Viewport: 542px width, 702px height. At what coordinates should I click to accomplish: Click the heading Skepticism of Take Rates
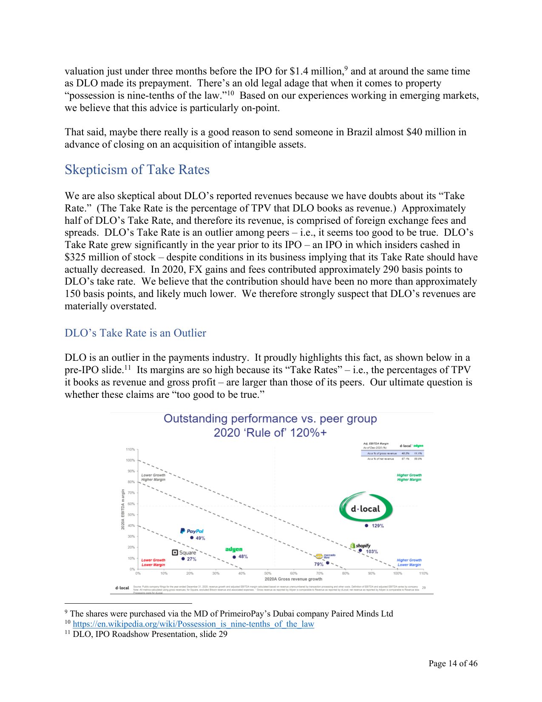(x=137, y=170)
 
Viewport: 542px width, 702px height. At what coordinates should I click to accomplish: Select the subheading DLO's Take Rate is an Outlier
(x=135, y=333)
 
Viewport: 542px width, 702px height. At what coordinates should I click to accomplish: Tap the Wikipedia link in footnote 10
(x=193, y=624)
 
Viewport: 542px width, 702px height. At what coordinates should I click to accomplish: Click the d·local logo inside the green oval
(x=365, y=509)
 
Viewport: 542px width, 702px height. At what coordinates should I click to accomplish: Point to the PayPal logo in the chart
(x=192, y=531)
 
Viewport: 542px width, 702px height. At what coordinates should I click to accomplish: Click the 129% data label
(x=377, y=526)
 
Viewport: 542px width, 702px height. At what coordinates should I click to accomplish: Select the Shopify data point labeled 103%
(x=360, y=551)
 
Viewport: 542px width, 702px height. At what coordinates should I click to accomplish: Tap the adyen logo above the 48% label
(x=234, y=549)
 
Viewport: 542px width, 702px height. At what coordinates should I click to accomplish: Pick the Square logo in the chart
(x=184, y=552)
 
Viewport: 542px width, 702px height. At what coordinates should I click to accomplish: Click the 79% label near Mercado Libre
(x=319, y=564)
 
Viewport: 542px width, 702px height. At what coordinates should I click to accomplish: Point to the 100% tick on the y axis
(x=130, y=460)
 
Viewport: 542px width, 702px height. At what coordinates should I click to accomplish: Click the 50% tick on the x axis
(x=268, y=574)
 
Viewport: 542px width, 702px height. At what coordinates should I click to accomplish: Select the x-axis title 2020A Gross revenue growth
(x=293, y=579)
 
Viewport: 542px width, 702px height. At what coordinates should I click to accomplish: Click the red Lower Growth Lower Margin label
(x=153, y=562)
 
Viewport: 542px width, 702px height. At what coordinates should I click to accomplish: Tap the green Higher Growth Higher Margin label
(x=409, y=477)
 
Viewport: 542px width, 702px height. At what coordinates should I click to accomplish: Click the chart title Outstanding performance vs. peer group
(x=270, y=419)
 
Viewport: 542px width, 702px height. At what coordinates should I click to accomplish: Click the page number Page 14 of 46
(x=453, y=663)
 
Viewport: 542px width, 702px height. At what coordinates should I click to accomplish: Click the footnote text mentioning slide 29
(x=150, y=634)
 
